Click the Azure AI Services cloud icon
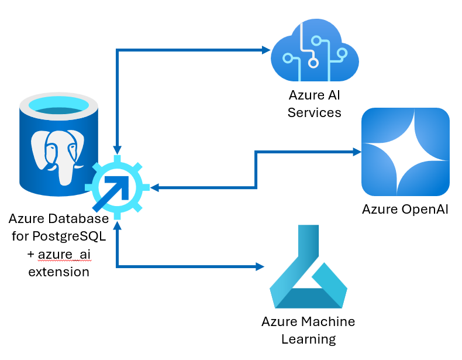pyautogui.click(x=315, y=52)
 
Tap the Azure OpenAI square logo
pyautogui.click(x=405, y=152)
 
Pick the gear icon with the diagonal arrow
pyautogui.click(x=117, y=188)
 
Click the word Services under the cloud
pyautogui.click(x=315, y=112)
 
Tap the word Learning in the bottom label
pyautogui.click(x=308, y=339)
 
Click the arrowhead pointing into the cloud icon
pyautogui.click(x=265, y=50)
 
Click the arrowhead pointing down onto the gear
pyautogui.click(x=118, y=151)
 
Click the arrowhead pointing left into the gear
pyautogui.click(x=155, y=188)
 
